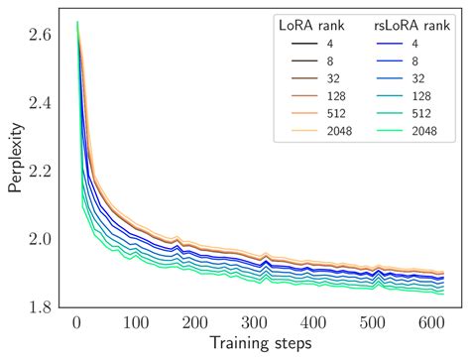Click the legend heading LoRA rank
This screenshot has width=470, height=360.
316,26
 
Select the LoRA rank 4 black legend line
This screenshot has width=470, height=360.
302,45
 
